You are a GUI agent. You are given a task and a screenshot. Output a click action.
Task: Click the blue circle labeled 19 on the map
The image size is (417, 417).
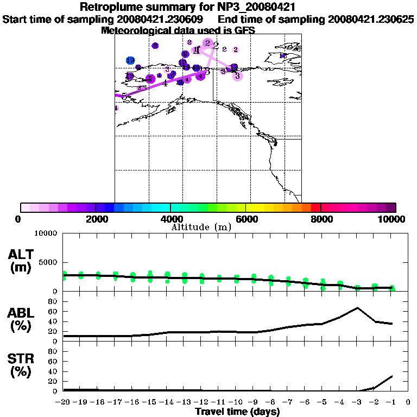click(x=130, y=60)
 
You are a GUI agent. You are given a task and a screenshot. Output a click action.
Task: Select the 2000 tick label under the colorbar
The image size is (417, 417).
click(x=95, y=219)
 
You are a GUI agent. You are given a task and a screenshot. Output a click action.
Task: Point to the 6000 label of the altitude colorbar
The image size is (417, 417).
click(x=246, y=219)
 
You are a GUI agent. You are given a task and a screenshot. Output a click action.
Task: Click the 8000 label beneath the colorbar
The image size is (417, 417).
click(x=321, y=219)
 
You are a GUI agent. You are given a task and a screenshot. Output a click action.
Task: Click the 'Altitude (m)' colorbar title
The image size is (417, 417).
click(x=201, y=227)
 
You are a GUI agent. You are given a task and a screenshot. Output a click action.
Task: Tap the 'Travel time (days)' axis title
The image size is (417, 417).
click(x=237, y=412)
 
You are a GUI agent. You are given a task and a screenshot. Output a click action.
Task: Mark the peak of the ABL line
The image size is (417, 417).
click(x=357, y=308)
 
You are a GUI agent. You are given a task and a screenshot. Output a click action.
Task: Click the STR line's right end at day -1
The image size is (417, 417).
click(x=392, y=376)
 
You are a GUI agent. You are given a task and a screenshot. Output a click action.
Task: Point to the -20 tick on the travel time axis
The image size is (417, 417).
click(x=64, y=402)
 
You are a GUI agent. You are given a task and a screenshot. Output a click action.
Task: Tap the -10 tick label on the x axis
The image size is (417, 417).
click(x=236, y=402)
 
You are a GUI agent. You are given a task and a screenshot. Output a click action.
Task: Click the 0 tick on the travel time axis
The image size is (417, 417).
click(x=408, y=402)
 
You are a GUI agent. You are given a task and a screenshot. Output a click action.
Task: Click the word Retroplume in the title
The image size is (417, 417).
click(x=112, y=7)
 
